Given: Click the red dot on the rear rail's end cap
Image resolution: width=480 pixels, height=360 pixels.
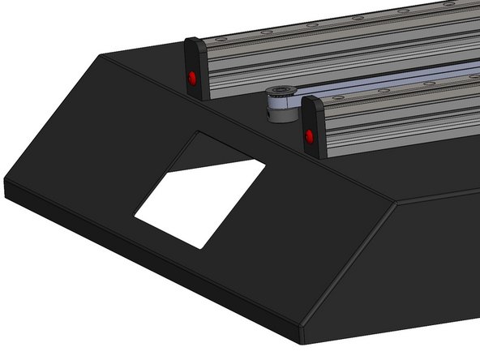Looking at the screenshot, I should (193, 79).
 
